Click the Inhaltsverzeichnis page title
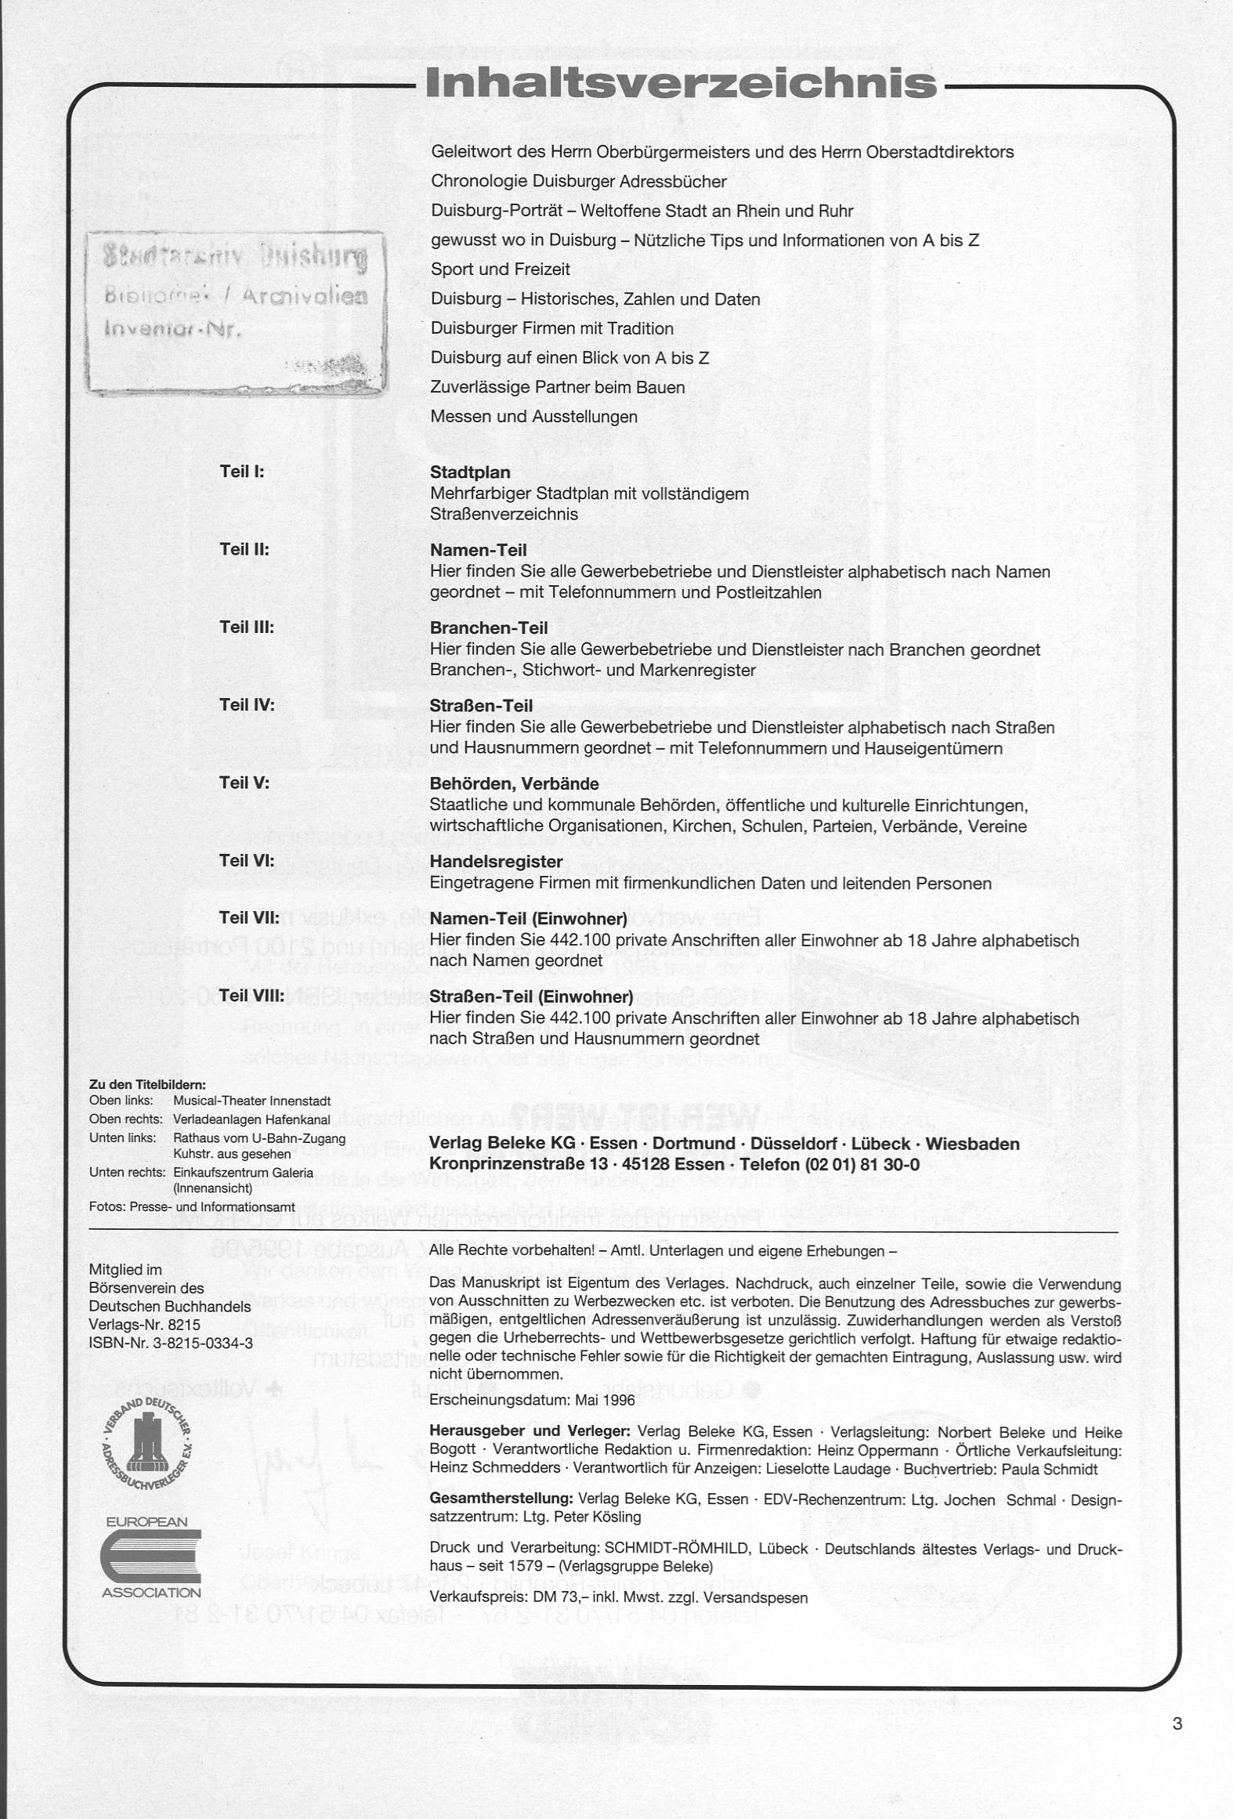[681, 83]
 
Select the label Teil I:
[242, 472]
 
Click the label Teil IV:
[247, 705]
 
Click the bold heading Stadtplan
[470, 472]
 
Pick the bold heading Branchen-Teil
[489, 628]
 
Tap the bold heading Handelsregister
[496, 862]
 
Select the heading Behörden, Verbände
[514, 784]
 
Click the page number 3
[1177, 1723]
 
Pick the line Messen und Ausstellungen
[533, 417]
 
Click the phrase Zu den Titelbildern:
[147, 1085]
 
